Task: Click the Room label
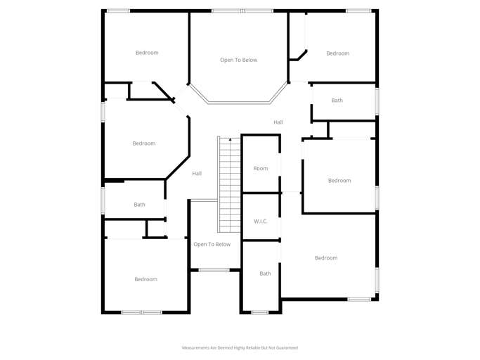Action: (261, 169)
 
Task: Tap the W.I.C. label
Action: (261, 221)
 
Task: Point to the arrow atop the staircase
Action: (230, 141)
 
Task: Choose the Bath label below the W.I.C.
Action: (265, 274)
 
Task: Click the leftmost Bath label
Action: (139, 205)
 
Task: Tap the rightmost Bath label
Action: (337, 101)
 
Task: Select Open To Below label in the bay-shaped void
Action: (238, 60)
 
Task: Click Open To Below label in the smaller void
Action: (212, 245)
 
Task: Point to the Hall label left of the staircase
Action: (197, 174)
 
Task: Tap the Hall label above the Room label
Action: (278, 122)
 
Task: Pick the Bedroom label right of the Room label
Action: (339, 181)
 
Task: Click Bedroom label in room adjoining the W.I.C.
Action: (326, 258)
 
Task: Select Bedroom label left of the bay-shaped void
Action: (147, 53)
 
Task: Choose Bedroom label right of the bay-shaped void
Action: (337, 53)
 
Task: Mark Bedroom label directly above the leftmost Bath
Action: (143, 143)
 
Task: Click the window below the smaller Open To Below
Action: (214, 270)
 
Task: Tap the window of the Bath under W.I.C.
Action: (260, 312)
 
